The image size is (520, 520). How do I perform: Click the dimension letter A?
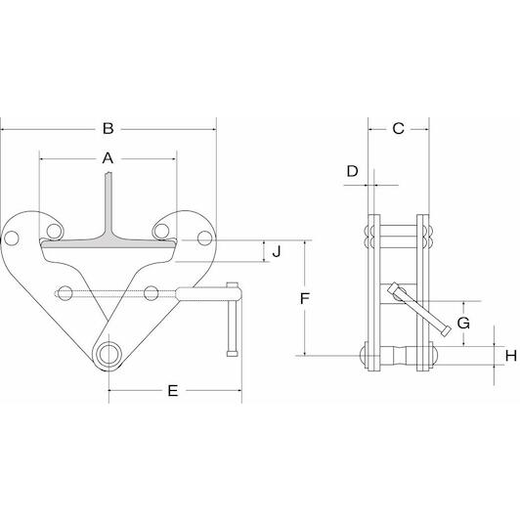(108, 158)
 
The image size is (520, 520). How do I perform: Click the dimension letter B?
(108, 128)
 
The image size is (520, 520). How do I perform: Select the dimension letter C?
(398, 128)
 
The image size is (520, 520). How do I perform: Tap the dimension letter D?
(353, 171)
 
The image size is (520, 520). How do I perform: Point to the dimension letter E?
(173, 391)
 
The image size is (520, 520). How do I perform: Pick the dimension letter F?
(304, 298)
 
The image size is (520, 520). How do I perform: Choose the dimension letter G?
(463, 323)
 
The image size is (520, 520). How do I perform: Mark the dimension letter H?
(511, 356)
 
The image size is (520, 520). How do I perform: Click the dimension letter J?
(277, 251)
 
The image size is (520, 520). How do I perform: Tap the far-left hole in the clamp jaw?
(12, 238)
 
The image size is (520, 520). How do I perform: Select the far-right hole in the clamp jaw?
(204, 238)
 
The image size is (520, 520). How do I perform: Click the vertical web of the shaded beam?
(108, 202)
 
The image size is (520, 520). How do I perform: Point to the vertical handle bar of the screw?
(233, 319)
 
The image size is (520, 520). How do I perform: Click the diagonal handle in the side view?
(419, 309)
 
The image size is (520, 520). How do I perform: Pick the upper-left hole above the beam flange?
(54, 231)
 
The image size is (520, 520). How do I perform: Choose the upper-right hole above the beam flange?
(161, 231)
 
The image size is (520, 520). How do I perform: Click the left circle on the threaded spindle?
(65, 293)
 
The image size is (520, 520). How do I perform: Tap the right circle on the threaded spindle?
(152, 293)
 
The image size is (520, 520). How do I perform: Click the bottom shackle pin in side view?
(398, 356)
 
